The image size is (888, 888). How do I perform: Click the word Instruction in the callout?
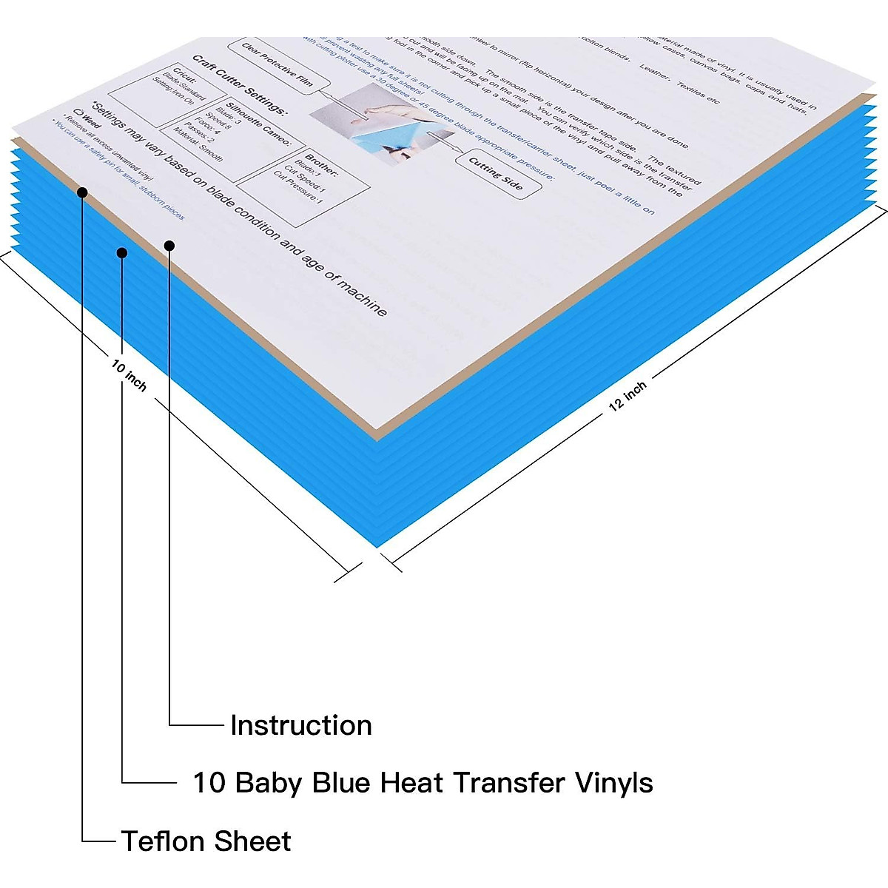(301, 725)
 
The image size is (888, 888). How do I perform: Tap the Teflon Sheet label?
(206, 841)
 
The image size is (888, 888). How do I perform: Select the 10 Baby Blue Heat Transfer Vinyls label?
(423, 783)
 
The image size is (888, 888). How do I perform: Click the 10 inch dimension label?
(129, 375)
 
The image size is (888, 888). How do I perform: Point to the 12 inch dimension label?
(628, 395)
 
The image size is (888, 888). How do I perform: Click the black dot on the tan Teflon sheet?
(82, 192)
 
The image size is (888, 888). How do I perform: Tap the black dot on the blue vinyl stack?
(122, 253)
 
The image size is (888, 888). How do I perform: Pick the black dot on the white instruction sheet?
(169, 246)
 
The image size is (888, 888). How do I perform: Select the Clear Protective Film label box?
(276, 66)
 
